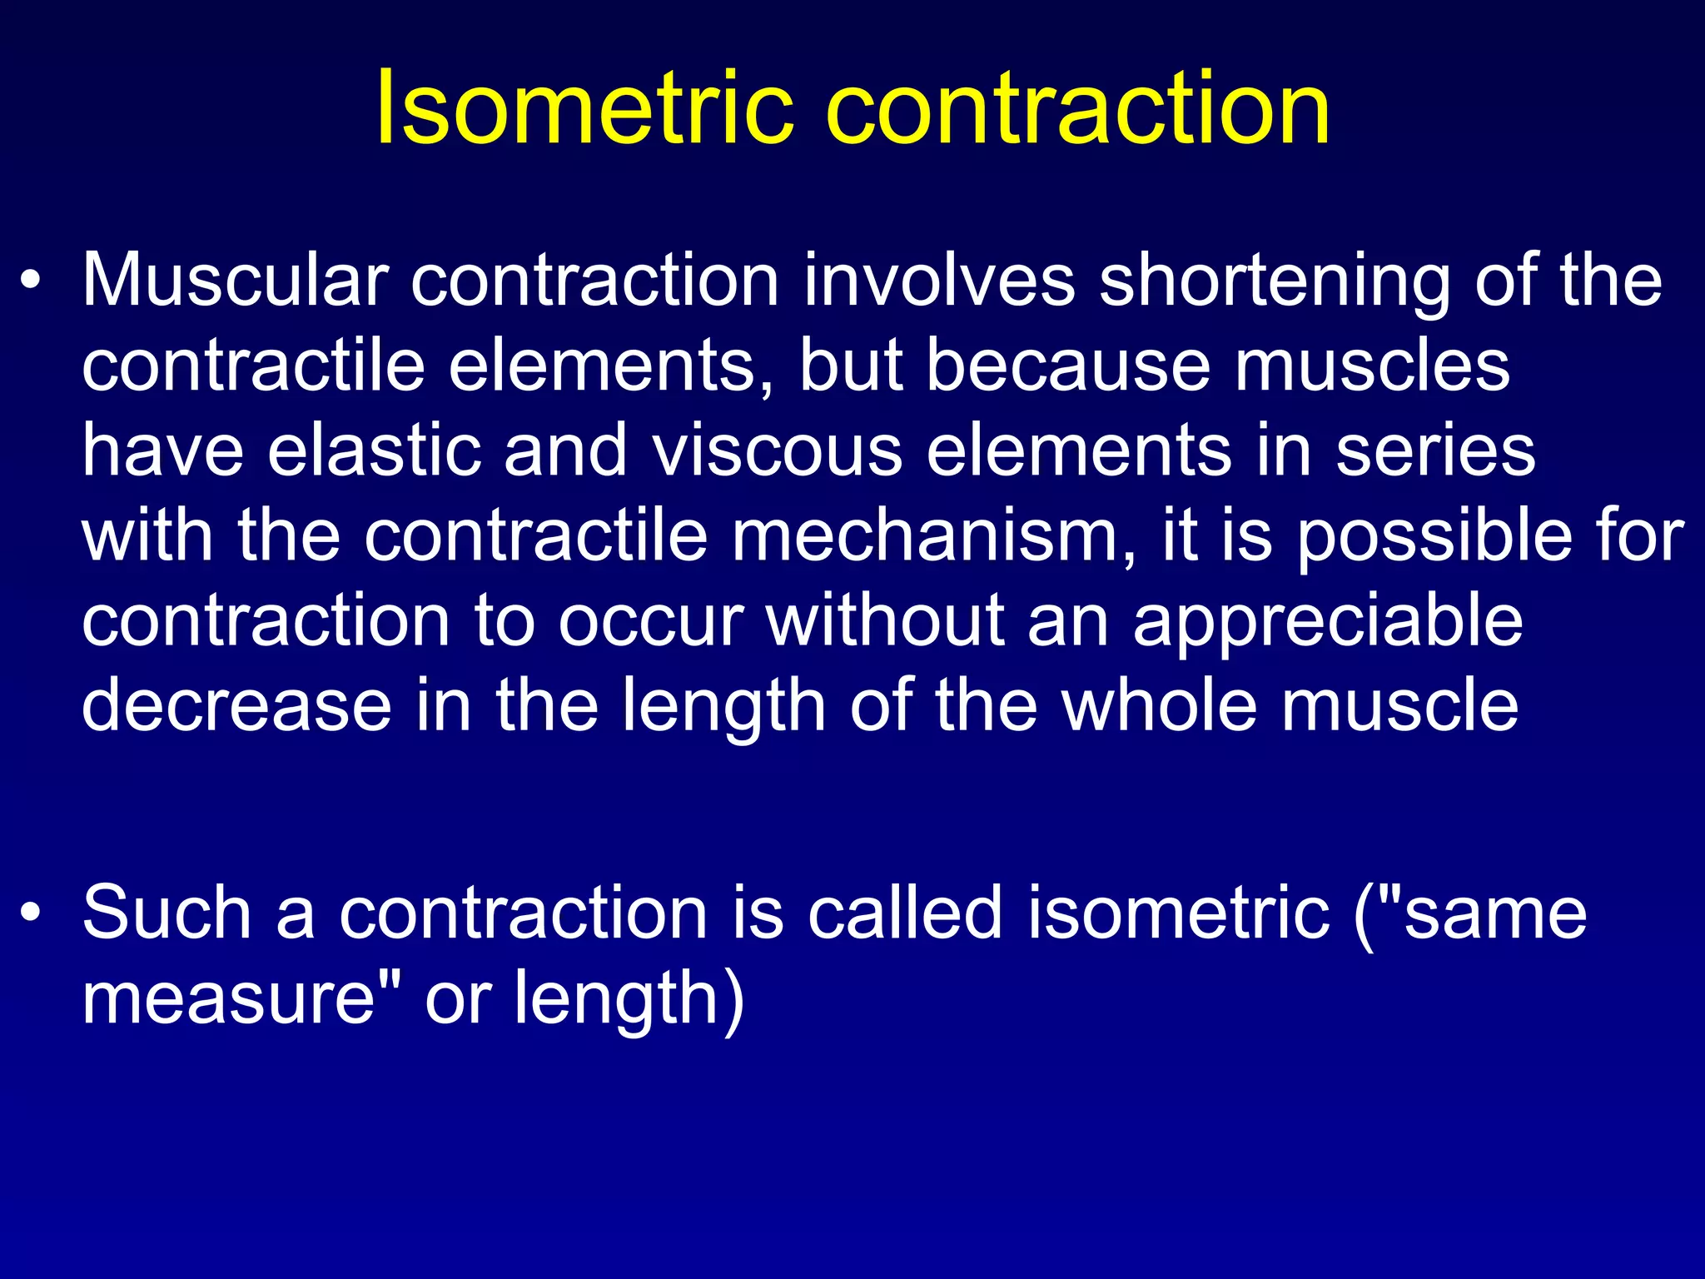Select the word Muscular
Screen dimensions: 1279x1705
236,281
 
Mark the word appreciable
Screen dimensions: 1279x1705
1328,623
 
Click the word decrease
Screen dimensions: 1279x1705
236,705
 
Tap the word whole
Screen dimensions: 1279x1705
1158,705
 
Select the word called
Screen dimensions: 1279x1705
905,913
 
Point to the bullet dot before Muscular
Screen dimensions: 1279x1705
31,283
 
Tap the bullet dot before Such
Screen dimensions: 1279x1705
31,914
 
